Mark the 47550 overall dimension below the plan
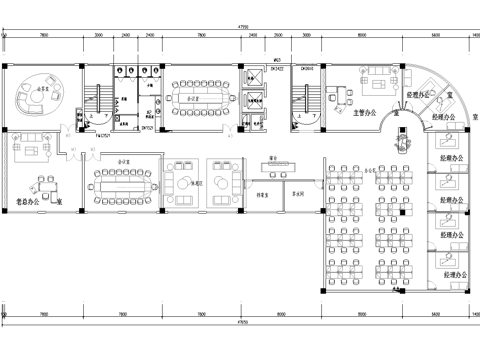pyautogui.click(x=240, y=324)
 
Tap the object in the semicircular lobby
pyautogui.click(x=404, y=142)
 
